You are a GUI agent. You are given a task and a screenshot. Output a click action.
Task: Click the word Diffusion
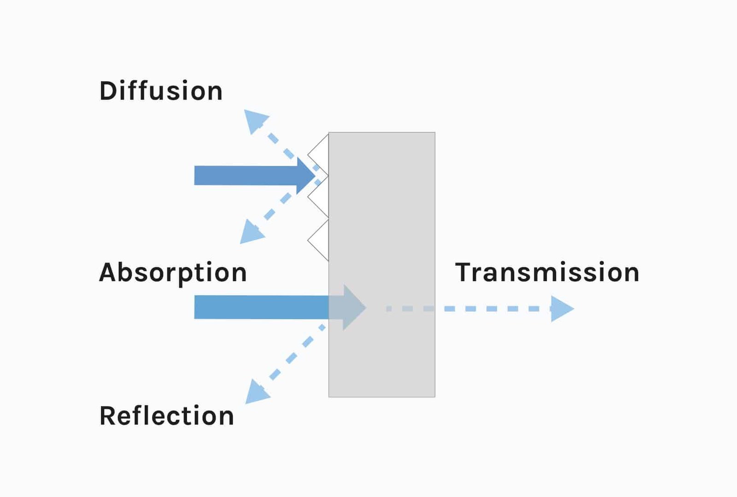tap(161, 91)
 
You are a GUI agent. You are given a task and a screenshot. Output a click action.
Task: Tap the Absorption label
tap(173, 273)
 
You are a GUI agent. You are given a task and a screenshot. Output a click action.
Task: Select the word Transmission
tap(547, 272)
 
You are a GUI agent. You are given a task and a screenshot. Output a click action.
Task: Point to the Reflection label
tap(167, 416)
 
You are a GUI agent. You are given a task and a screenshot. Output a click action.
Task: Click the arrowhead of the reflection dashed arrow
tap(256, 392)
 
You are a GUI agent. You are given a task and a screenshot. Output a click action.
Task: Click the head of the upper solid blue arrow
tap(305, 176)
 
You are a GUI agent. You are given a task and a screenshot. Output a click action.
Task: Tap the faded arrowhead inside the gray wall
tap(353, 308)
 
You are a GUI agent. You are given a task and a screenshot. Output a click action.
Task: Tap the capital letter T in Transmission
tap(464, 272)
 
